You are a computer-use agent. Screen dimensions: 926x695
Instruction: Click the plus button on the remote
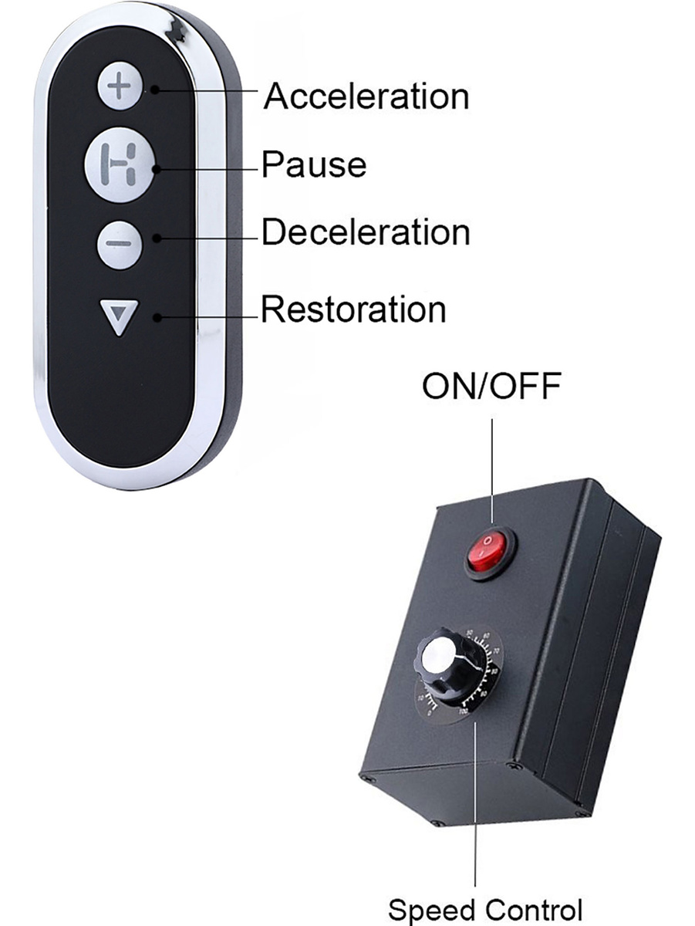tap(120, 87)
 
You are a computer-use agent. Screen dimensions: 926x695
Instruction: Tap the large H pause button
tap(120, 164)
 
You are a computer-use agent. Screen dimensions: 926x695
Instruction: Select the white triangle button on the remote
tap(120, 316)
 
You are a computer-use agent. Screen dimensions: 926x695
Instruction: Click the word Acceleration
tap(366, 97)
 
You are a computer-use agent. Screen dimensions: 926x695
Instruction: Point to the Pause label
tap(314, 164)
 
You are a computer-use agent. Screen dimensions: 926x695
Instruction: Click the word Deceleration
tap(366, 232)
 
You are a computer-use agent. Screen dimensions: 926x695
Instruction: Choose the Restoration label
tap(353, 309)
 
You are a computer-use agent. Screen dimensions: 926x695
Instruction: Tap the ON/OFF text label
tap(491, 386)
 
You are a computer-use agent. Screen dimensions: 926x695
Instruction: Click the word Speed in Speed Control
tap(432, 909)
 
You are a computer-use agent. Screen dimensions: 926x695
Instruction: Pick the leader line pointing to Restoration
tap(208, 316)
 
